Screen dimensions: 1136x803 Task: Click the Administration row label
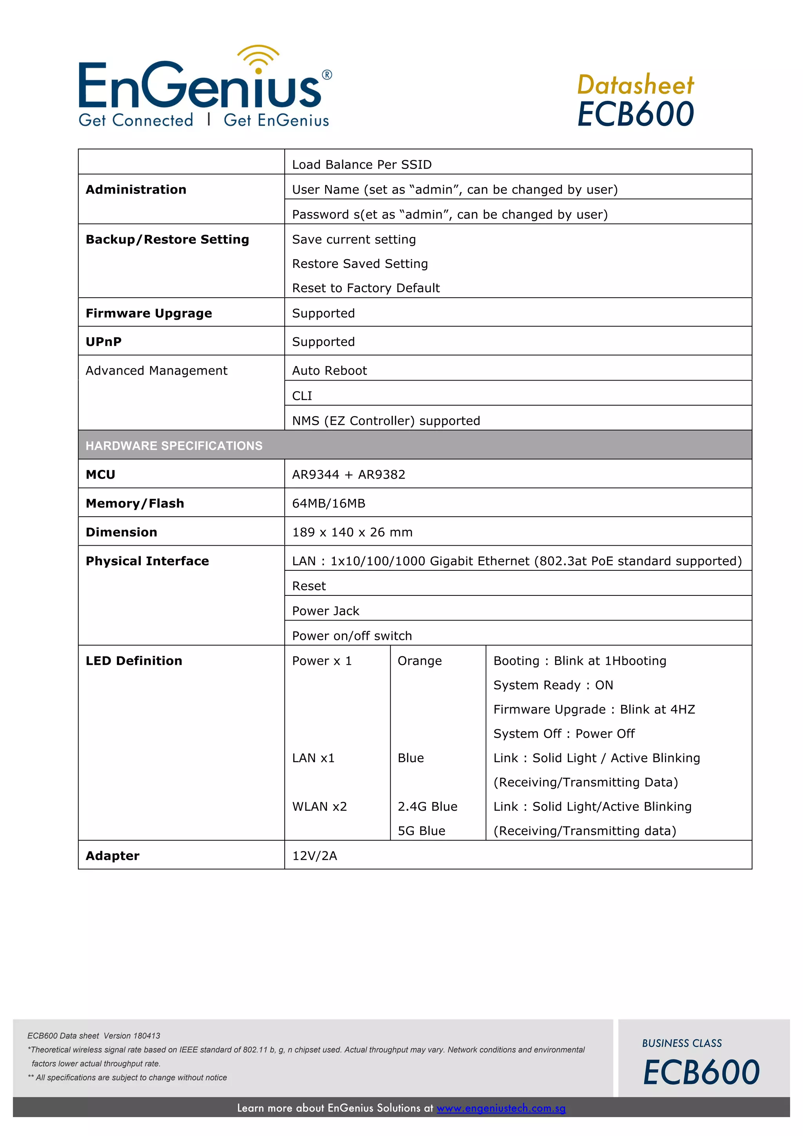click(x=136, y=189)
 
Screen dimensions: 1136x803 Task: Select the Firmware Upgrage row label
click(x=149, y=313)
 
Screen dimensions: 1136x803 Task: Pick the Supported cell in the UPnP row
click(x=323, y=342)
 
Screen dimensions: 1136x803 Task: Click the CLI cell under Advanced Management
click(x=302, y=396)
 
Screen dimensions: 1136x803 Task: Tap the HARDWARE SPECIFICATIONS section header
click(x=174, y=446)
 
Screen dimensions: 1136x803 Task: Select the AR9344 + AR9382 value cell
click(x=349, y=475)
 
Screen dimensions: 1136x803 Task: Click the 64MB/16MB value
click(x=329, y=503)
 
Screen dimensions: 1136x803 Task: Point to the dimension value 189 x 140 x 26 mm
click(x=352, y=532)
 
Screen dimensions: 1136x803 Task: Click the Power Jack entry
click(x=326, y=611)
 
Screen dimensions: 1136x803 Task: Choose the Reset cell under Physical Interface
click(x=309, y=586)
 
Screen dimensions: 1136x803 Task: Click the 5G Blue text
click(x=421, y=831)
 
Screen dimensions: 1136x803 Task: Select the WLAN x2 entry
click(x=320, y=806)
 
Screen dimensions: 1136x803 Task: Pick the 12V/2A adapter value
click(x=314, y=856)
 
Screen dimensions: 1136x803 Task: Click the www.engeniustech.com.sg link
click(x=501, y=1108)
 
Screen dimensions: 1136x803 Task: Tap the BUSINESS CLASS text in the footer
click(x=682, y=1043)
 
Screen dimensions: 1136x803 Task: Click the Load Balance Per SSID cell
click(x=362, y=165)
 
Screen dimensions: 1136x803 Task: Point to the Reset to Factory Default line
click(x=366, y=288)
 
